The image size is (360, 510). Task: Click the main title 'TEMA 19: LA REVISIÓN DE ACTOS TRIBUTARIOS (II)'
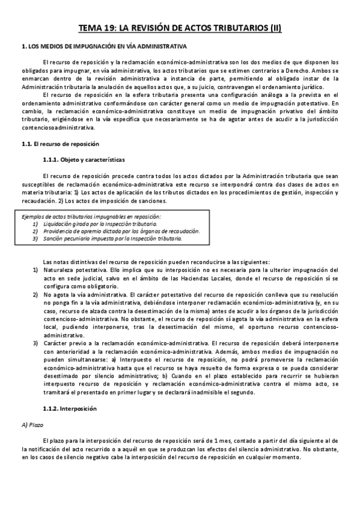click(180, 28)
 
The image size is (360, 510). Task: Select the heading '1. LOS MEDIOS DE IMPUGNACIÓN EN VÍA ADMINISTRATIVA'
click(104, 46)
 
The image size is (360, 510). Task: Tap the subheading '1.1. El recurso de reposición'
click(59, 144)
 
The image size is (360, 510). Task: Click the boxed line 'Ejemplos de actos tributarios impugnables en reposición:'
click(91, 216)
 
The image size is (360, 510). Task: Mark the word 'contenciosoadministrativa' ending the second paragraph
click(58, 127)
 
